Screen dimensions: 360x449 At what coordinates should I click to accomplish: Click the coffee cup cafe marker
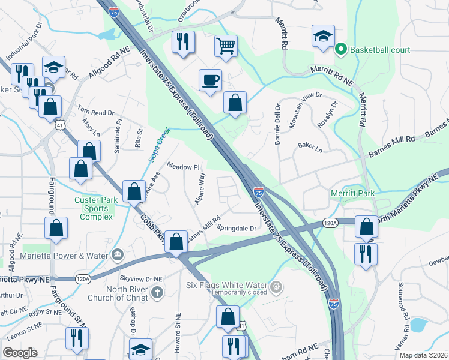pyautogui.click(x=210, y=80)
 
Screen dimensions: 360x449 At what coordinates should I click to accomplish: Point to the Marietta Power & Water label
pyautogui.click(x=66, y=254)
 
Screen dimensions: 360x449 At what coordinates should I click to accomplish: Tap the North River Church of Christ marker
pyautogui.click(x=157, y=293)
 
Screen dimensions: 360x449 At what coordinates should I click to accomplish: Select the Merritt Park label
pyautogui.click(x=352, y=193)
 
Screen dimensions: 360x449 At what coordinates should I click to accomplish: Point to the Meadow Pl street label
pyautogui.click(x=182, y=167)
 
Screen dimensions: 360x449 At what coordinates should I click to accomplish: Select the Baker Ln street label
pyautogui.click(x=310, y=146)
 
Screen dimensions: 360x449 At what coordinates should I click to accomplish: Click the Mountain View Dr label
pyautogui.click(x=306, y=110)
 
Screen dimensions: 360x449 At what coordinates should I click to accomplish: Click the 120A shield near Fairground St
pyautogui.click(x=83, y=278)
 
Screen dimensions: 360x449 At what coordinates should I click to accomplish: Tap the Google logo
pyautogui.click(x=20, y=353)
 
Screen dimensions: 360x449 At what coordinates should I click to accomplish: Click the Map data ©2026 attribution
pyautogui.click(x=423, y=355)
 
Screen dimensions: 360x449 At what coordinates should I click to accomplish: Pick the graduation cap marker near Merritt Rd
pyautogui.click(x=322, y=35)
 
